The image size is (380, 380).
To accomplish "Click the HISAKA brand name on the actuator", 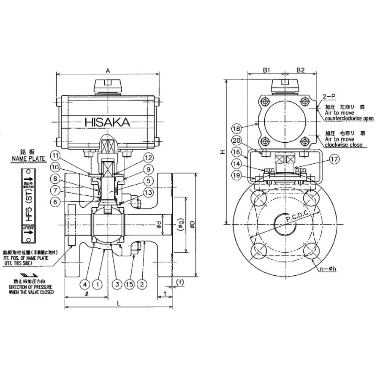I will tap(108, 122).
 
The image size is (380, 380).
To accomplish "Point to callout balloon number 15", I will tap(129, 284).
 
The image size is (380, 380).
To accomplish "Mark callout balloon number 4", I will tap(86, 284).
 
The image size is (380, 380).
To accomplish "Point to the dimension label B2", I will tap(300, 71).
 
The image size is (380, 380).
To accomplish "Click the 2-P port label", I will tap(328, 97).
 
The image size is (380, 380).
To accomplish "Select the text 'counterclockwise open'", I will tap(349, 119).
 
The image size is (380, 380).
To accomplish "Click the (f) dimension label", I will tap(180, 282).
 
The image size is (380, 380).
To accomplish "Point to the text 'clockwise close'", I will tap(344, 145).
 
